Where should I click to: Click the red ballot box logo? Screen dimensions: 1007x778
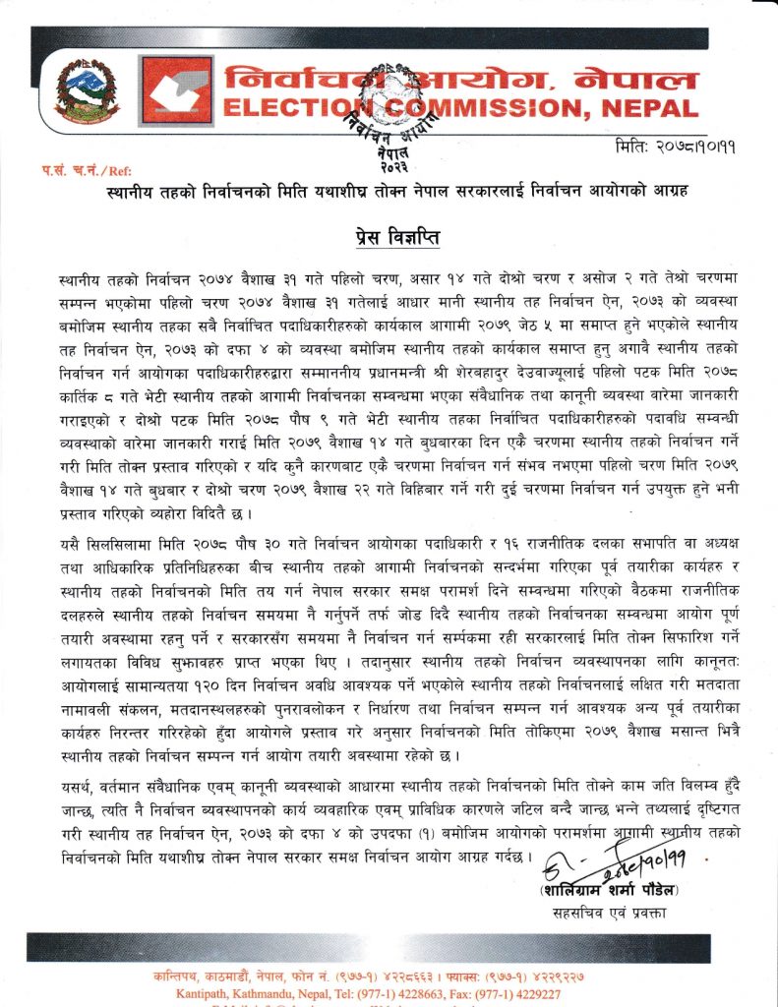(x=176, y=91)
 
